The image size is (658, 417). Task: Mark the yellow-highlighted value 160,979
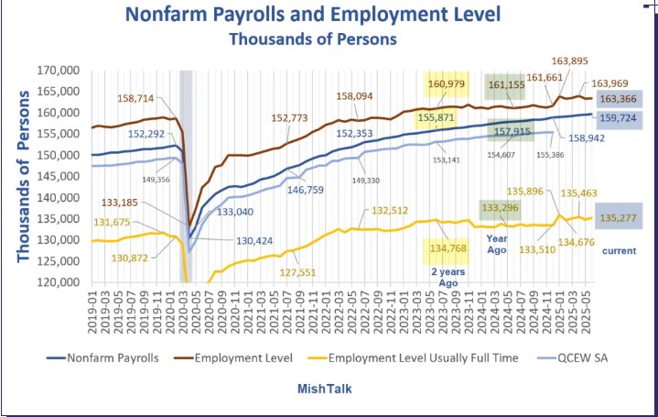click(447, 84)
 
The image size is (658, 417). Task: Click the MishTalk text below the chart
click(323, 389)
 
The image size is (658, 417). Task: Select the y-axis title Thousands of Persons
click(24, 176)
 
